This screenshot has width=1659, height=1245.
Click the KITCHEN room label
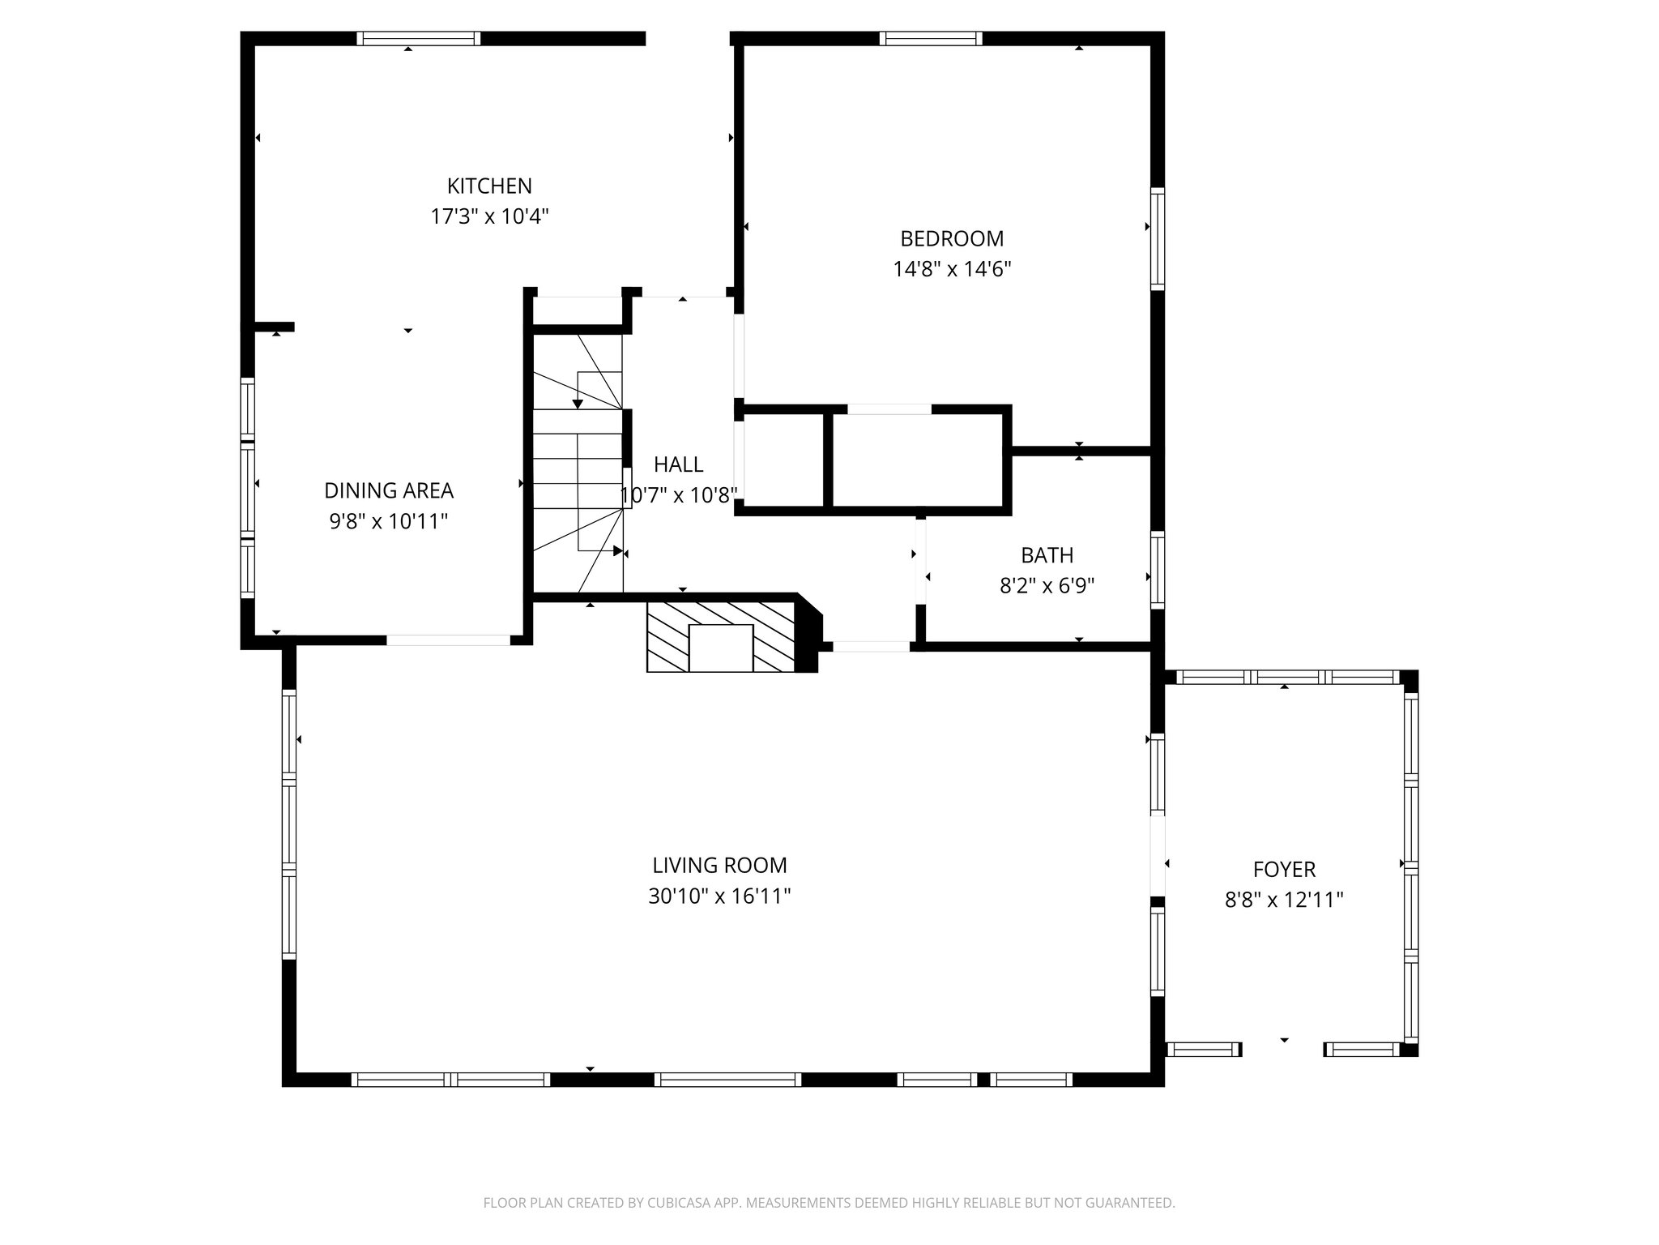[x=489, y=186]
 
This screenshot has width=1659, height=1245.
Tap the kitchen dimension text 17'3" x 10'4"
[x=489, y=217]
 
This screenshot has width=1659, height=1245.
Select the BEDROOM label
[x=952, y=239]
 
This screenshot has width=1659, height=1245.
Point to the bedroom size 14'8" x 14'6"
[x=952, y=270]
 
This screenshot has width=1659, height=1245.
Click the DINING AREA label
[x=389, y=491]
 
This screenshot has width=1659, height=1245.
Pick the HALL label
[x=678, y=465]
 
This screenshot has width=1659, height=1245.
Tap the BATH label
[x=1047, y=556]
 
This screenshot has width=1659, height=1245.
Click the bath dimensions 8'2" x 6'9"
[x=1047, y=586]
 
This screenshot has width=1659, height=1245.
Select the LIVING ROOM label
[x=719, y=866]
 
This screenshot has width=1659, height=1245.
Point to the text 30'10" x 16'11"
[x=719, y=896]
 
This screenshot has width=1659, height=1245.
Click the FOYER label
[x=1284, y=871]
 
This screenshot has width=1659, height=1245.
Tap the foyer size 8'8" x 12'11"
[x=1284, y=901]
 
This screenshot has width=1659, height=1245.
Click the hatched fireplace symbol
[x=720, y=636]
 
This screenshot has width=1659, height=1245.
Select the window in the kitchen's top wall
[x=419, y=38]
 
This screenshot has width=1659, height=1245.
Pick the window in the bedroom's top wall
[x=931, y=38]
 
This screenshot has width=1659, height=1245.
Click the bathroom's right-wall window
[x=1158, y=569]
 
